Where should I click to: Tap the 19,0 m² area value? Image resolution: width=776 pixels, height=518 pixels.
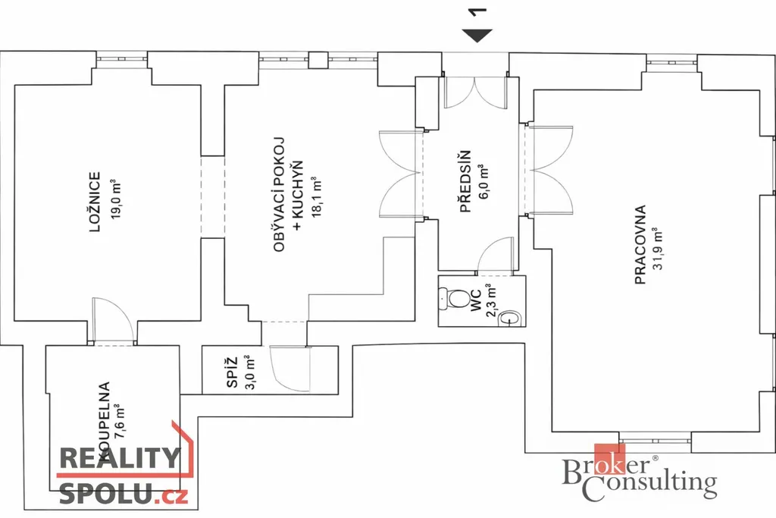(115, 199)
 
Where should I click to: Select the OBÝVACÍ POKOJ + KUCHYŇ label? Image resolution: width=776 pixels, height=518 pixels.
(287, 196)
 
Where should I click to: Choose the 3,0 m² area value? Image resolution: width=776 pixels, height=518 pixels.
(251, 371)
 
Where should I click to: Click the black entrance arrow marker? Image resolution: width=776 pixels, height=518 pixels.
(478, 35)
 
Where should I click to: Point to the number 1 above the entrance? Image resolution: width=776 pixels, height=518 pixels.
(477, 11)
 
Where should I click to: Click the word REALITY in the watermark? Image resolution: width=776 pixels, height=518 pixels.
(119, 459)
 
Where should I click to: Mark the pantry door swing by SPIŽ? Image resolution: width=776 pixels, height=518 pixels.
(288, 369)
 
